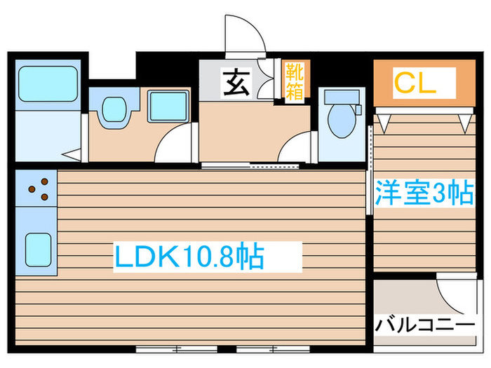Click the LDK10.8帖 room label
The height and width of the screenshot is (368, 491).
(189, 257)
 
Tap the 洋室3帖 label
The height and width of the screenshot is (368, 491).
(423, 193)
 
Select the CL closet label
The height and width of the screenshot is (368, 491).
(414, 83)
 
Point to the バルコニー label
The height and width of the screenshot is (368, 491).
(424, 325)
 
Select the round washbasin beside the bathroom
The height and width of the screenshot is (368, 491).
(114, 110)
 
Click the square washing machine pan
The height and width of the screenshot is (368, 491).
(168, 106)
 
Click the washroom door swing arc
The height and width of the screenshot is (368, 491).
(174, 145)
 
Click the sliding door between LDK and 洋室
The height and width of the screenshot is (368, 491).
(369, 172)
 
